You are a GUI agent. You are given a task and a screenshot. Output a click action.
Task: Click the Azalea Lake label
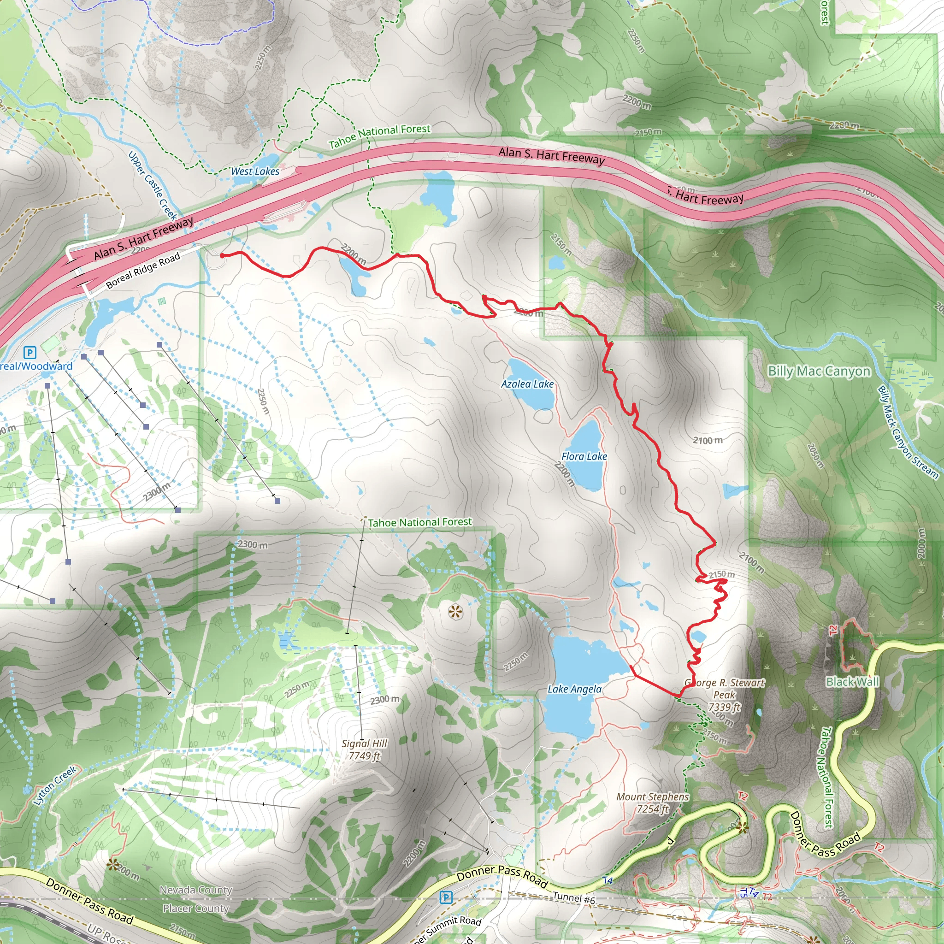[527, 384]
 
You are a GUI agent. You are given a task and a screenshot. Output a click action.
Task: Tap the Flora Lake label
[584, 456]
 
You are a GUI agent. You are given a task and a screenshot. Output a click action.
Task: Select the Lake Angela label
[574, 690]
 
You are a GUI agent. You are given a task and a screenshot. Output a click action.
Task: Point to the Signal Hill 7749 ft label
[364, 749]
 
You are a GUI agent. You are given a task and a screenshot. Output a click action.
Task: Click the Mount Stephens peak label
[652, 803]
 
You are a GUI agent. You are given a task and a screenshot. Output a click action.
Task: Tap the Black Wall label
[852, 682]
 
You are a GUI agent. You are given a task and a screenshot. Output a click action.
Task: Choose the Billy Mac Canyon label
[819, 372]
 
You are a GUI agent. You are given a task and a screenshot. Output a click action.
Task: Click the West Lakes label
[255, 171]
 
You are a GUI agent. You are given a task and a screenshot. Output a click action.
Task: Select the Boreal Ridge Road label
[143, 270]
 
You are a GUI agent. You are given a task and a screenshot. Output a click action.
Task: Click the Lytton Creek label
[55, 785]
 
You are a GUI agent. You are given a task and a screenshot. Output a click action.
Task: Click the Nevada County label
[195, 890]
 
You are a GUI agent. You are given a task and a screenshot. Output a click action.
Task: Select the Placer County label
[195, 909]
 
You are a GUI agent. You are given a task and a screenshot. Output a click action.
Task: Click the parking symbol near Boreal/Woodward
[30, 352]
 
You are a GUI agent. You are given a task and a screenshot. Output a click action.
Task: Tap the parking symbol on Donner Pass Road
[446, 897]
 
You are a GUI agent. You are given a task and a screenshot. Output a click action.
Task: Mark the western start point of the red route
[222, 255]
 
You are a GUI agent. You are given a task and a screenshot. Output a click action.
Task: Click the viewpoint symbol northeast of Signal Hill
[455, 612]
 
